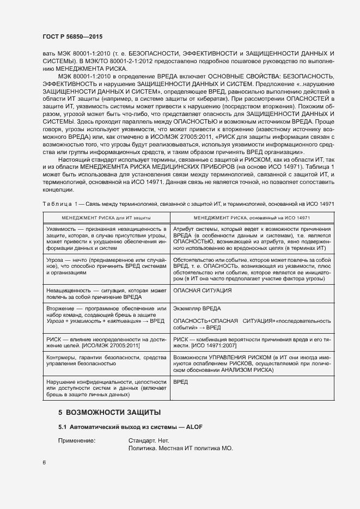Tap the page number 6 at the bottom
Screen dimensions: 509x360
click(x=44, y=463)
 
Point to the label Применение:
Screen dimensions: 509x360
click(x=77, y=440)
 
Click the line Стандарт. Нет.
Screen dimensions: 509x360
click(x=149, y=440)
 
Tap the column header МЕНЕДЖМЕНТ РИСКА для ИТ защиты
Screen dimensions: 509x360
click(x=106, y=217)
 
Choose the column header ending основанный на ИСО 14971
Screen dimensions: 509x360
click(x=252, y=217)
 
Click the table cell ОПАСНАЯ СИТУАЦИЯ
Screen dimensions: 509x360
click(x=202, y=290)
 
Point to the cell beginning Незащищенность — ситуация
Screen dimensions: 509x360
click(x=106, y=293)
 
